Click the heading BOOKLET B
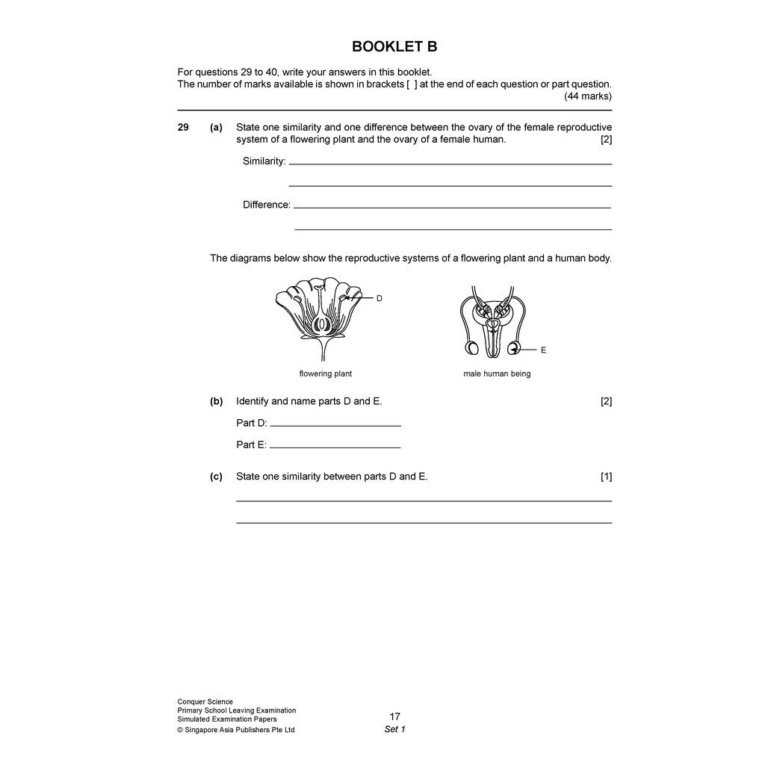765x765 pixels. pos(394,47)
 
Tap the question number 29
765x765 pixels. pos(183,128)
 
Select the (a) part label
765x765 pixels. pos(216,128)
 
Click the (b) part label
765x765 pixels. pos(216,401)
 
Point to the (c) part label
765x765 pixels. pos(216,477)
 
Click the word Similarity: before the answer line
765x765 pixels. pos(264,161)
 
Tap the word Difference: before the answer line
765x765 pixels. pos(266,205)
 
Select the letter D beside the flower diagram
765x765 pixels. pos(379,298)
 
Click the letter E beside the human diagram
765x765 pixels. pos(543,350)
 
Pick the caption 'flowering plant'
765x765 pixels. pos(325,374)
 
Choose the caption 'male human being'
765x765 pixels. pos(497,374)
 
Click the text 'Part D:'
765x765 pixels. pos(252,423)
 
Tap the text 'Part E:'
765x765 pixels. pos(251,445)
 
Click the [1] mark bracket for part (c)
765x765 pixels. pos(606,477)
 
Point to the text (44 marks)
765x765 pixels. pos(587,96)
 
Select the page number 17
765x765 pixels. pos(394,716)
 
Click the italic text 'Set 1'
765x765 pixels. pos(394,729)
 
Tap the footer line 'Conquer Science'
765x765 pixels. pos(205,701)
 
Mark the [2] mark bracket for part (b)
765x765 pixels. pos(606,401)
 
